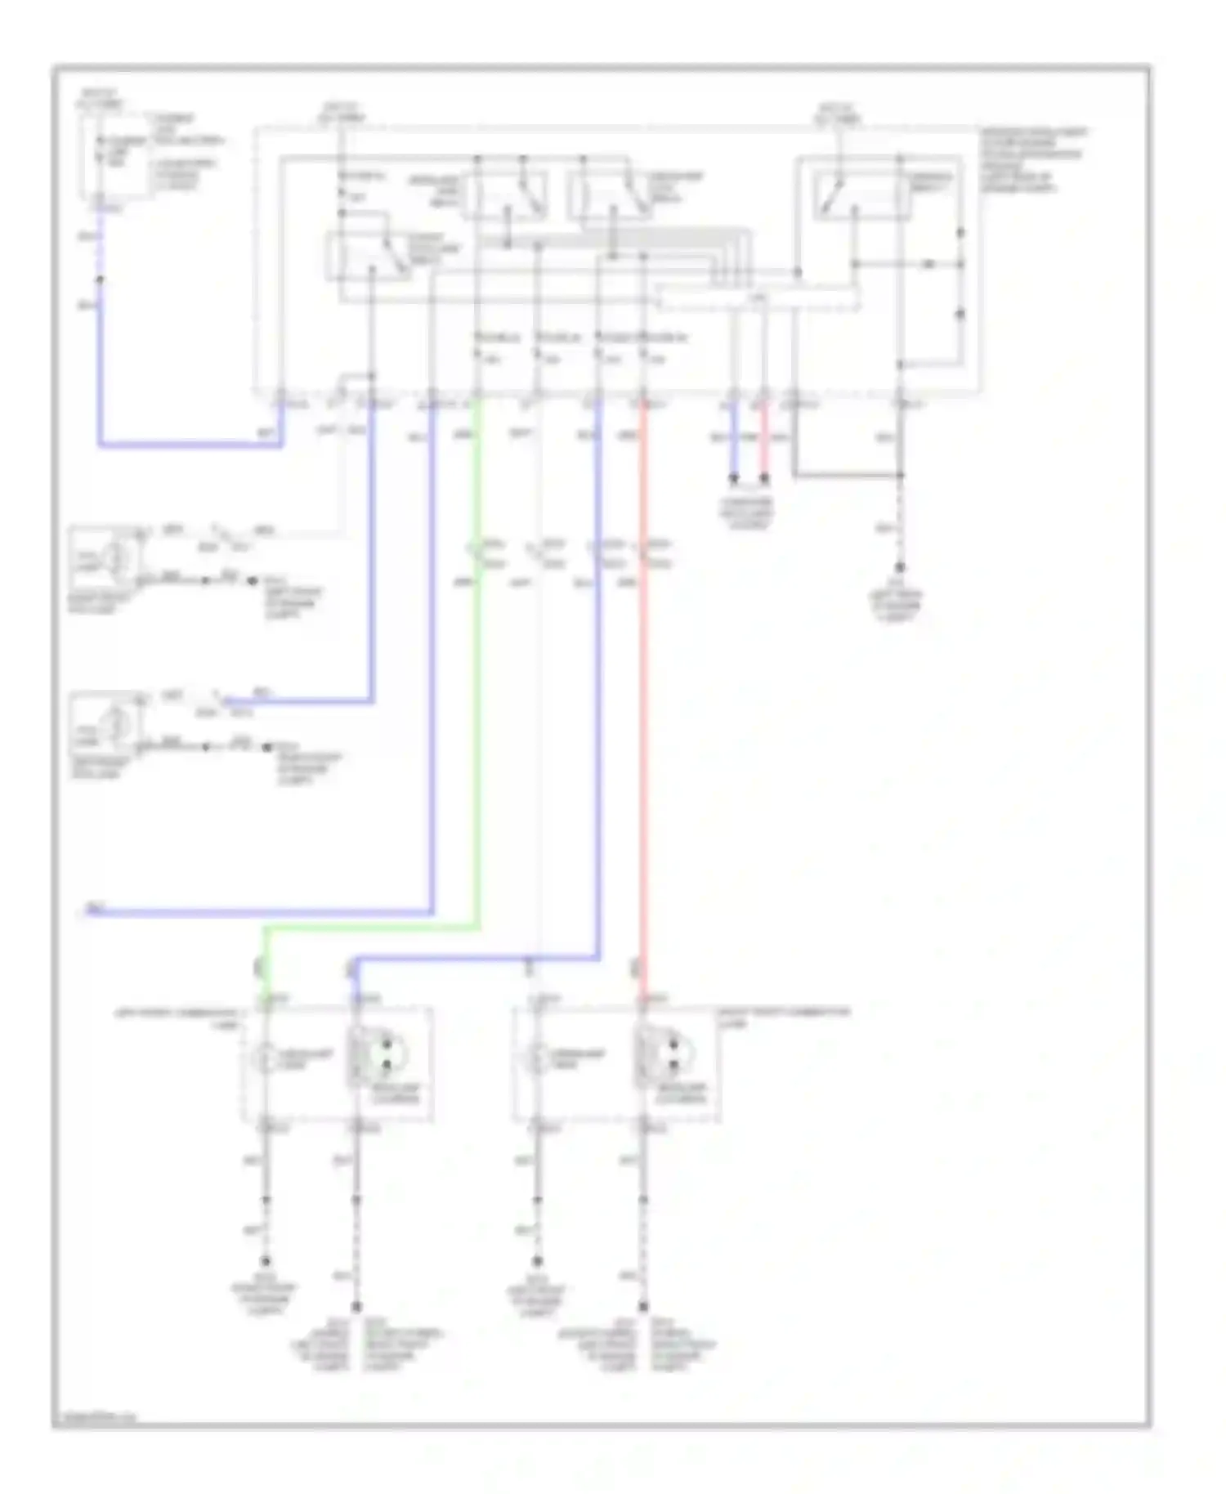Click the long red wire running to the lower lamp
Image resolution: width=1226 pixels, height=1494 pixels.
coord(643,736)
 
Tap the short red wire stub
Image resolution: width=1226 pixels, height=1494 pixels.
coord(764,445)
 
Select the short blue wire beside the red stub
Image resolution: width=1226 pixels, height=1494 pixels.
coord(734,445)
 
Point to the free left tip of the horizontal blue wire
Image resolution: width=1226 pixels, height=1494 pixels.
coord(88,910)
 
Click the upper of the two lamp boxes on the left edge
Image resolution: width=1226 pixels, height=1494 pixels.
coord(105,558)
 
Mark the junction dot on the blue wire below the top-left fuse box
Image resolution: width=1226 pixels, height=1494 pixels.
coord(101,280)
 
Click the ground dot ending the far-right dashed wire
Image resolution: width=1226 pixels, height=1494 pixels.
coord(900,567)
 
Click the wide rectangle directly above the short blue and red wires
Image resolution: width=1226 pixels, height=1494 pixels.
coord(758,300)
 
